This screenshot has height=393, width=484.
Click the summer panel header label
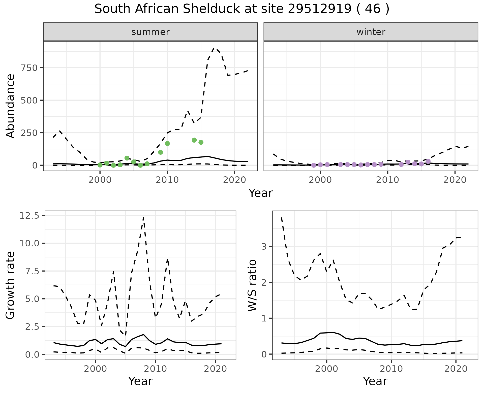150,32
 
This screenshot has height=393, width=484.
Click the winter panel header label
371,32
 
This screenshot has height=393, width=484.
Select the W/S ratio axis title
252,285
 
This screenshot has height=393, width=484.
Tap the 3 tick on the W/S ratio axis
264,246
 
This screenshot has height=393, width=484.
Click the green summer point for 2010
167,144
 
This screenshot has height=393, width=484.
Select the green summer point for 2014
194,140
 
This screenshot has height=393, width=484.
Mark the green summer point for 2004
127,158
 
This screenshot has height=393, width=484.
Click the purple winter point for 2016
428,161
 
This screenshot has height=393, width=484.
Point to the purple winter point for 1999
314,165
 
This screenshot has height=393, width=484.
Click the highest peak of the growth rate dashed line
143,217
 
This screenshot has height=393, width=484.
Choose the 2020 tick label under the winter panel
455,180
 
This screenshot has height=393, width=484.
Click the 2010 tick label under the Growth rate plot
155,369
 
